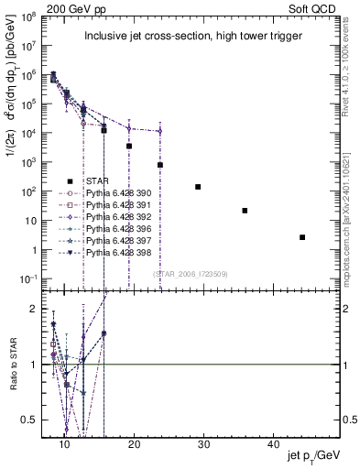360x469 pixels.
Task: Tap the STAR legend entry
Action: pos(98,181)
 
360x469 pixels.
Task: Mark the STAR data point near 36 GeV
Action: pos(245,211)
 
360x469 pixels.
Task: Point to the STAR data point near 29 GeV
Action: pos(198,187)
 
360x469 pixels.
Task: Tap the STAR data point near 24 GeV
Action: pos(160,165)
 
